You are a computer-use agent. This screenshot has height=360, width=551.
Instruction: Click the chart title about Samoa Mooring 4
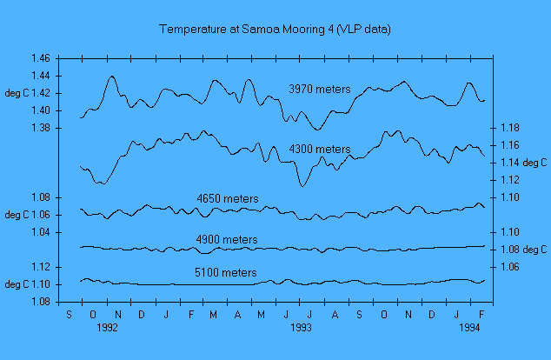[275, 30]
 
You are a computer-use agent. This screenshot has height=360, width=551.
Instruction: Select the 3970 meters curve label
[320, 89]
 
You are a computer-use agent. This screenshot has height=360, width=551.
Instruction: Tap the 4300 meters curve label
[320, 150]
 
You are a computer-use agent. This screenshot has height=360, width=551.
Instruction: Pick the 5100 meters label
[224, 273]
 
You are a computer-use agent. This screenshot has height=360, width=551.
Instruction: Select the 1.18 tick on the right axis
[510, 129]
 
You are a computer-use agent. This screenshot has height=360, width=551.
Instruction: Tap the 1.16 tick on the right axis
[510, 145]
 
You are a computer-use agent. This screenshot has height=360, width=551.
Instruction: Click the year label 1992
[108, 329]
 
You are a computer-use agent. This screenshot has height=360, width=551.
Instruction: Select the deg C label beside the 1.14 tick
[534, 163]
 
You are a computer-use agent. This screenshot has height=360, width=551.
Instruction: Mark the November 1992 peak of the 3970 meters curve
[112, 77]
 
